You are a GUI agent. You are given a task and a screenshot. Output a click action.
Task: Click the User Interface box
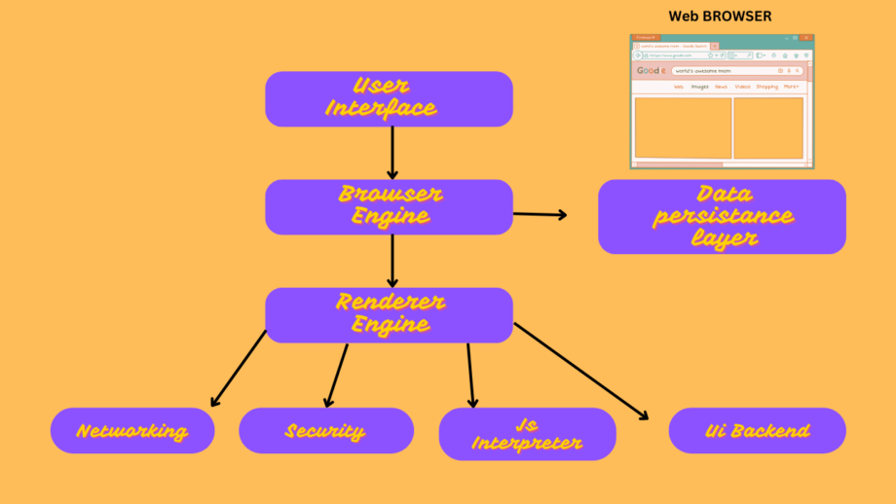(389, 98)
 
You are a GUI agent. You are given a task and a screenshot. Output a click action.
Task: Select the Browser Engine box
(389, 206)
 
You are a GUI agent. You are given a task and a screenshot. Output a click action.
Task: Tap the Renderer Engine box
(389, 314)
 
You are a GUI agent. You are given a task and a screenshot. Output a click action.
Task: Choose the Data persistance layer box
(722, 216)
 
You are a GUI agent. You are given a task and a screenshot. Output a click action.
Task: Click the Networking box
(132, 431)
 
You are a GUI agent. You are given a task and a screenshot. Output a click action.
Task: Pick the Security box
(325, 431)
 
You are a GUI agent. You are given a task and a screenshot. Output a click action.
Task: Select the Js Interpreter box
(527, 434)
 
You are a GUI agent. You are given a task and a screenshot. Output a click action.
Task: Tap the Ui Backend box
(757, 431)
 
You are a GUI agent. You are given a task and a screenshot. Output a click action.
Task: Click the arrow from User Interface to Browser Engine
(392, 152)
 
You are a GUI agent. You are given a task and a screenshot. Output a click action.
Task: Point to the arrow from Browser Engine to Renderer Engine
(392, 260)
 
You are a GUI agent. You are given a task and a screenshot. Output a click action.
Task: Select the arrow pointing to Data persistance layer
(540, 214)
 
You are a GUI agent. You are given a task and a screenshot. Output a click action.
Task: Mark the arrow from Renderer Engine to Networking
(238, 369)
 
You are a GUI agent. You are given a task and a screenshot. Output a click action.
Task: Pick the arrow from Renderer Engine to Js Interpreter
(470, 375)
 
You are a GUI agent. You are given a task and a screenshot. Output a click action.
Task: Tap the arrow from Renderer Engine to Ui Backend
(581, 371)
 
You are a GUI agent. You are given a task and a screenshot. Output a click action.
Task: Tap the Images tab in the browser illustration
(699, 87)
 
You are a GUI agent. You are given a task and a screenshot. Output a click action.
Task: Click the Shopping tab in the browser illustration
(766, 87)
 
